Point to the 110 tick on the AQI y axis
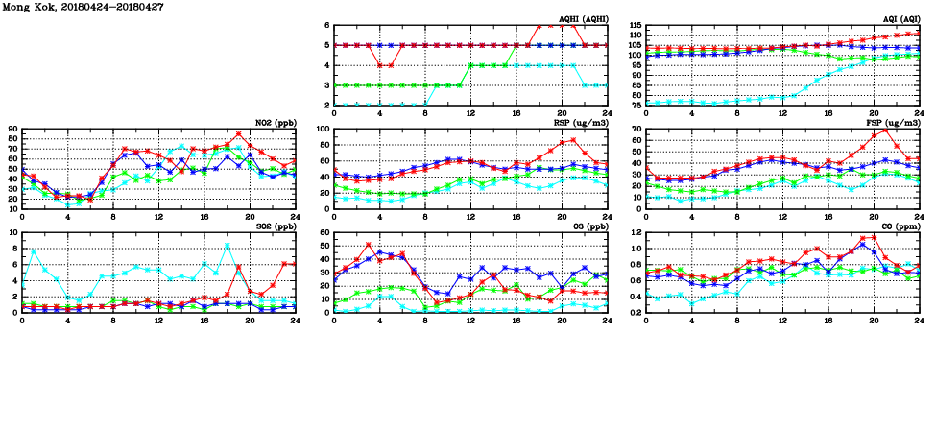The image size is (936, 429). [634, 36]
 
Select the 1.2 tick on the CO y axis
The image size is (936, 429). [633, 233]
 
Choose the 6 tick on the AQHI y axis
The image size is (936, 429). [326, 26]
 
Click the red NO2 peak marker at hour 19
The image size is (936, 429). [238, 134]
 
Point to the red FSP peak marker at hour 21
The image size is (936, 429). [884, 130]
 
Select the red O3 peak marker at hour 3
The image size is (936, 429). [369, 245]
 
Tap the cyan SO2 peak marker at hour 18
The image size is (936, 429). [228, 246]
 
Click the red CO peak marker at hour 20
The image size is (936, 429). [874, 237]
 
